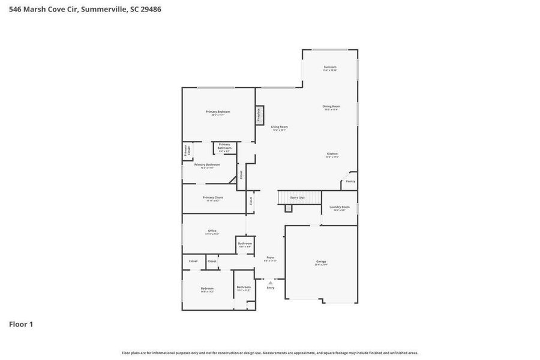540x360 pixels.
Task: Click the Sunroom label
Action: pyautogui.click(x=330, y=67)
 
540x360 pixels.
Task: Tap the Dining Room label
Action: pyautogui.click(x=331, y=107)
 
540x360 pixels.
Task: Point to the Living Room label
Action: pyautogui.click(x=279, y=127)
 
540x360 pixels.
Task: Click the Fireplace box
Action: pyautogui.click(x=259, y=115)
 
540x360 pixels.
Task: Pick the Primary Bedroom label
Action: pyautogui.click(x=218, y=112)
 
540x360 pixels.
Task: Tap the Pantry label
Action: pyautogui.click(x=350, y=181)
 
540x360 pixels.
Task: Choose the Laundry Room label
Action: pyautogui.click(x=339, y=207)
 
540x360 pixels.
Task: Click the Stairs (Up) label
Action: pyautogui.click(x=297, y=197)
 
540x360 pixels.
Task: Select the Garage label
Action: pyautogui.click(x=321, y=262)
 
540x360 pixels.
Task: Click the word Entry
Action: pyautogui.click(x=271, y=287)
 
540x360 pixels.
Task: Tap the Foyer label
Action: pyautogui.click(x=271, y=257)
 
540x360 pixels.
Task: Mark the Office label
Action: pyautogui.click(x=212, y=231)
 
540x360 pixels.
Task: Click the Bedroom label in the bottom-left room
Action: pyautogui.click(x=207, y=289)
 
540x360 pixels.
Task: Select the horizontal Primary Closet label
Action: pyautogui.click(x=212, y=197)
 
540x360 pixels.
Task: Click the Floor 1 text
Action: pyautogui.click(x=21, y=324)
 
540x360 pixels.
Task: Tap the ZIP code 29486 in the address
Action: pyautogui.click(x=149, y=9)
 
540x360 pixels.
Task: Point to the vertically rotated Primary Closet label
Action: pyautogui.click(x=186, y=151)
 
